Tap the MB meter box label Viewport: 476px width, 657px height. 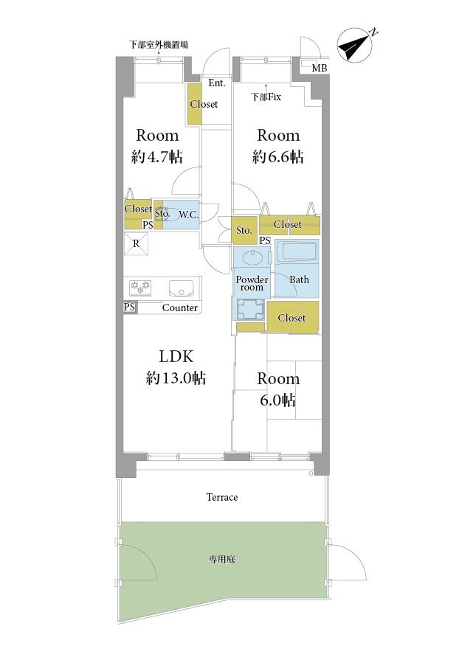[x=319, y=67]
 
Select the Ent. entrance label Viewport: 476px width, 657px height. [x=217, y=83]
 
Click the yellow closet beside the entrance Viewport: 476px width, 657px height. [x=194, y=104]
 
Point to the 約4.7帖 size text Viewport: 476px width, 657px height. [x=157, y=157]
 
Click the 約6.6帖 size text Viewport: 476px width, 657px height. [x=278, y=157]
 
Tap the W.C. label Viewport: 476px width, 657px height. [x=189, y=215]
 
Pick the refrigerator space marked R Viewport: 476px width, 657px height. [x=136, y=243]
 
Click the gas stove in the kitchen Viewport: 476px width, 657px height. [x=140, y=287]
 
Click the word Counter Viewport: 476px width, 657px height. [x=180, y=307]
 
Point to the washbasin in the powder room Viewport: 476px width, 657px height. [x=252, y=257]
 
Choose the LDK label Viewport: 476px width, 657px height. [x=176, y=357]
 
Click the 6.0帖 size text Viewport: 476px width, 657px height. [x=277, y=400]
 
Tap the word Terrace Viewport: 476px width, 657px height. [x=222, y=498]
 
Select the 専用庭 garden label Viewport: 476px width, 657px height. [x=222, y=559]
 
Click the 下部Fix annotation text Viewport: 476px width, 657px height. [x=266, y=97]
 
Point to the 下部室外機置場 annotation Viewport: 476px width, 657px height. [x=158, y=44]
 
